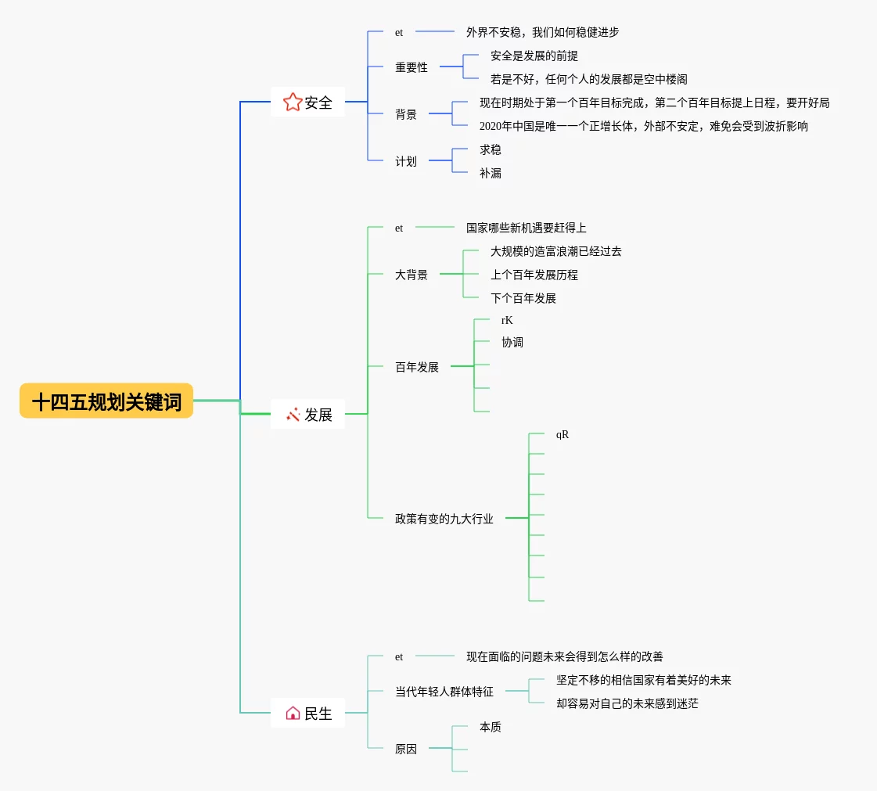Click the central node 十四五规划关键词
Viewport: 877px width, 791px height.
pyautogui.click(x=106, y=401)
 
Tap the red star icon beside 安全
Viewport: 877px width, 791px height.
pyautogui.click(x=293, y=102)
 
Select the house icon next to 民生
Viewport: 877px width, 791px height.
pyautogui.click(x=293, y=713)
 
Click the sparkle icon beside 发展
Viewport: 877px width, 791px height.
pyautogui.click(x=293, y=415)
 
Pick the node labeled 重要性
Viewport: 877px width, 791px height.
pyautogui.click(x=412, y=67)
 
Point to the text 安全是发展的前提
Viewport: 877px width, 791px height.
pyautogui.click(x=534, y=56)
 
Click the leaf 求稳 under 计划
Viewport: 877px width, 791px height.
pyautogui.click(x=491, y=149)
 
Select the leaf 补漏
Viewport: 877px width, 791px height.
pyautogui.click(x=491, y=173)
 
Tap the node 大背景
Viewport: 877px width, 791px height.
pyautogui.click(x=412, y=275)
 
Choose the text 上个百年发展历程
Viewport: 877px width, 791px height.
pyautogui.click(x=534, y=275)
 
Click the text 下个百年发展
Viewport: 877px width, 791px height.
pyautogui.click(x=523, y=298)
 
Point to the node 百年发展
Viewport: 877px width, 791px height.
pyautogui.click(x=417, y=367)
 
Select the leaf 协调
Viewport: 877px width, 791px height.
pyautogui.click(x=512, y=343)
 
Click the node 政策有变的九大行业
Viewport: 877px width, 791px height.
pyautogui.click(x=444, y=519)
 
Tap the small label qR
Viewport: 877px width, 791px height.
pyautogui.click(x=563, y=435)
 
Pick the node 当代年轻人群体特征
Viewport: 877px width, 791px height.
pyautogui.click(x=444, y=692)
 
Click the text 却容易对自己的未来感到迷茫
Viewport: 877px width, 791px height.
pyautogui.click(x=627, y=703)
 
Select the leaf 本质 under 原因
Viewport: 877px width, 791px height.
pyautogui.click(x=491, y=727)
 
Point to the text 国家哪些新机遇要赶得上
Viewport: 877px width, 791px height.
pyautogui.click(x=527, y=228)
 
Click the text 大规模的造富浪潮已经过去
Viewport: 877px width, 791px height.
pyautogui.click(x=556, y=251)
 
